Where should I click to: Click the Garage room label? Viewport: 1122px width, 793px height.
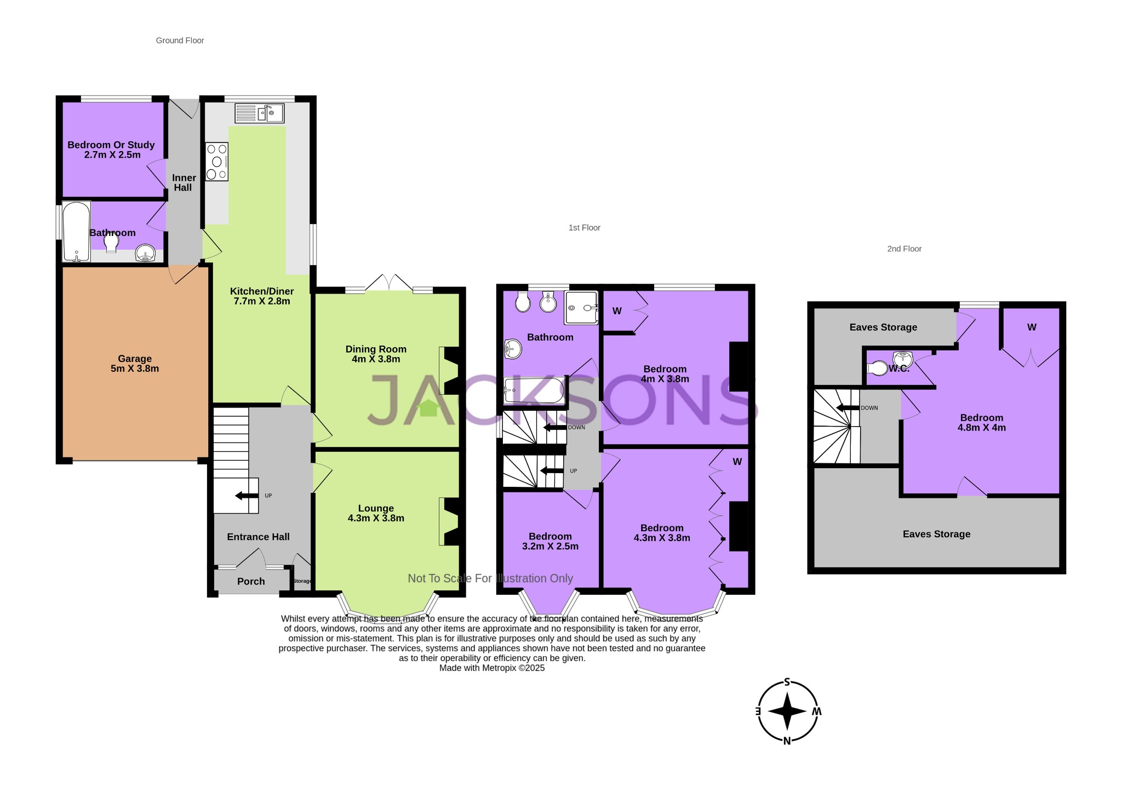[135, 359]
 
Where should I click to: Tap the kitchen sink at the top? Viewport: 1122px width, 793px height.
[259, 113]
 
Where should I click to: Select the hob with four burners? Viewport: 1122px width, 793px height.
[217, 162]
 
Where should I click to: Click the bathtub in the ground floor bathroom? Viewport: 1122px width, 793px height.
[76, 232]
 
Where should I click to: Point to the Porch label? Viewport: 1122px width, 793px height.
[251, 582]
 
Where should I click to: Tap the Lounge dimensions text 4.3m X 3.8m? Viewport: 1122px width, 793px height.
[376, 518]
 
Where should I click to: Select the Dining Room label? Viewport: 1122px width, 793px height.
[376, 349]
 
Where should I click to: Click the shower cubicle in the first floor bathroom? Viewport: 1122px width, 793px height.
[581, 307]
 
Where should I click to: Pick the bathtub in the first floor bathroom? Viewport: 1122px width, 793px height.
[534, 390]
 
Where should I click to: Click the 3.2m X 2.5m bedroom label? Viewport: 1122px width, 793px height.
[550, 546]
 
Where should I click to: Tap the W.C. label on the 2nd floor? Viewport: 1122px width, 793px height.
[898, 369]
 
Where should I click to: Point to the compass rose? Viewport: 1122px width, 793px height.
[787, 712]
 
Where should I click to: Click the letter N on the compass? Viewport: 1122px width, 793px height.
[787, 741]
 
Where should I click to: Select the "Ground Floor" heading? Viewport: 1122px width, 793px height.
[180, 41]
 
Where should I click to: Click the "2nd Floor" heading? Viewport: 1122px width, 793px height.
[904, 249]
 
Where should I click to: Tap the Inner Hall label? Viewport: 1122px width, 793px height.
[184, 183]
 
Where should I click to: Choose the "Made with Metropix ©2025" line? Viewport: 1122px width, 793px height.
[491, 668]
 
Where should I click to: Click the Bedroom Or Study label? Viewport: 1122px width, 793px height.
[111, 145]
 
